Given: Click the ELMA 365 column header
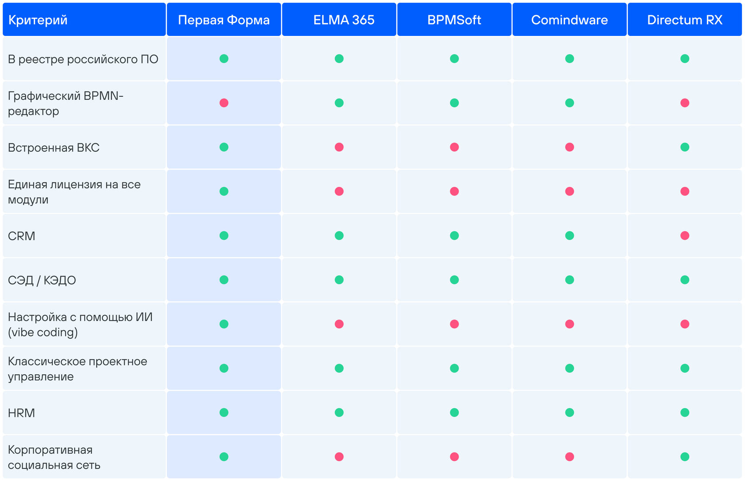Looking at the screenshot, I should pos(344,20).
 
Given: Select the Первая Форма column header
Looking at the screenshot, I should pos(224,20).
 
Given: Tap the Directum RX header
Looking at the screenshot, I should pos(685,20).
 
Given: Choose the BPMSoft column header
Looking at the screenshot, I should pos(454,20).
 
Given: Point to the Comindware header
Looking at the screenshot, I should pos(569,20).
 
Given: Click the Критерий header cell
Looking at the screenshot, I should pos(38,20).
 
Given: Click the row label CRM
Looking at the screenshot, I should pos(22,236).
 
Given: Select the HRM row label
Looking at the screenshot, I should pos(22,413).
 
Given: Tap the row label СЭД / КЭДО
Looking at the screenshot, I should pos(42,280).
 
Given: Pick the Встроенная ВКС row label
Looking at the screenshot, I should pos(54,147).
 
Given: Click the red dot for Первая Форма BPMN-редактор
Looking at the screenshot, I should pos(224,103).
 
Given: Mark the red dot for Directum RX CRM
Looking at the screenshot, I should pos(685,236).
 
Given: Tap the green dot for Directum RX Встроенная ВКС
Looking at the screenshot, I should pos(685,147).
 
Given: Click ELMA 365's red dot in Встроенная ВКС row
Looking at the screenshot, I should pos(339,147).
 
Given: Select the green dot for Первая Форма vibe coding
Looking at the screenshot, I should pos(224,324).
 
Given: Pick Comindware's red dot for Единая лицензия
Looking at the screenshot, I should pos(570,191).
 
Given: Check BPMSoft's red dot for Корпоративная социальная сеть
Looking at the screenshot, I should pos(455,457).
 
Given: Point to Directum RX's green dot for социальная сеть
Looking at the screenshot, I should pos(685,457).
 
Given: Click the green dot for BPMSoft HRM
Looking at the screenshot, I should pos(455,412).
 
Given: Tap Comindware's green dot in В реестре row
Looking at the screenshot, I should pos(570,59).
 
